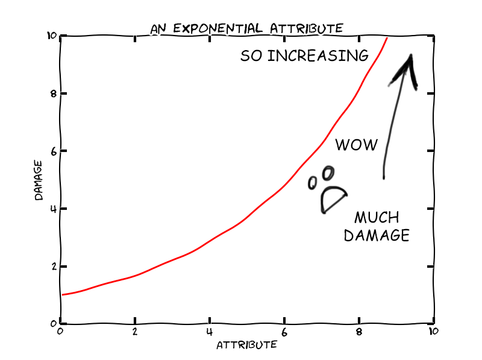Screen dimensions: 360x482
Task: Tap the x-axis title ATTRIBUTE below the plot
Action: (x=246, y=344)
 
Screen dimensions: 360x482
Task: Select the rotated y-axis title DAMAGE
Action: (x=38, y=180)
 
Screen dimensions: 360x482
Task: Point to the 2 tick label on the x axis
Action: (x=134, y=331)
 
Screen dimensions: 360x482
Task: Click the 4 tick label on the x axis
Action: (x=209, y=331)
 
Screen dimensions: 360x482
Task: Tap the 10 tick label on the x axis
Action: (x=432, y=331)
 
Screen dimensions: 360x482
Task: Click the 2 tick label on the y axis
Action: (x=53, y=267)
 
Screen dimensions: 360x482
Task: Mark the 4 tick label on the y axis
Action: (x=53, y=209)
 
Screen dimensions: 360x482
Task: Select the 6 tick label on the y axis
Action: (x=53, y=151)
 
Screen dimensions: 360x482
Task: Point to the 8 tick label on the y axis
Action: (x=53, y=94)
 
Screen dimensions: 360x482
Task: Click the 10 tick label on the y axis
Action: (x=51, y=36)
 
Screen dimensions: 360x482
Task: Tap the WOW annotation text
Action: (x=356, y=145)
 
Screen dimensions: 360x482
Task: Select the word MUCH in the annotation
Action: (x=376, y=218)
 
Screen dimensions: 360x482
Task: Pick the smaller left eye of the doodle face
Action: (x=313, y=183)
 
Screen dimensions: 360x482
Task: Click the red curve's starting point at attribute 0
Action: (x=63, y=295)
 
